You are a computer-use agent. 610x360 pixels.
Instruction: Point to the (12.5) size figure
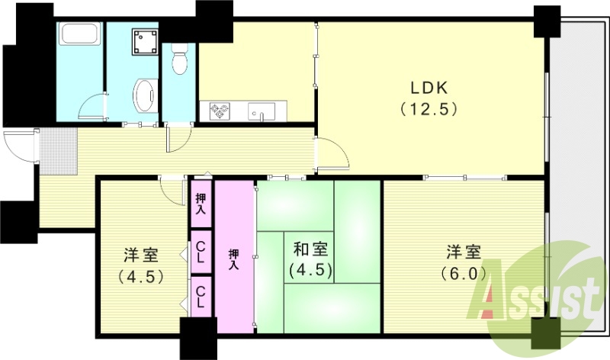pyautogui.click(x=429, y=108)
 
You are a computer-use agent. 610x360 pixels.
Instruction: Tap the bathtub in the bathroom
pyautogui.click(x=80, y=35)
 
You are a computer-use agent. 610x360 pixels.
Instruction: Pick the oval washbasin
pyautogui.click(x=143, y=95)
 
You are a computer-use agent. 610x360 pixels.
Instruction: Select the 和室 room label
pyautogui.click(x=311, y=249)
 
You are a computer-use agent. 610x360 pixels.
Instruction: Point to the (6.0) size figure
pyautogui.click(x=463, y=272)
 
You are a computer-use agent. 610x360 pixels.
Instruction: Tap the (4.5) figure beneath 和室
pyautogui.click(x=311, y=269)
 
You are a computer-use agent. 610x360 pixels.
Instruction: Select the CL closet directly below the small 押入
pyautogui.click(x=201, y=252)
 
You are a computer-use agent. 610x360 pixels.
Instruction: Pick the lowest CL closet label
pyautogui.click(x=201, y=295)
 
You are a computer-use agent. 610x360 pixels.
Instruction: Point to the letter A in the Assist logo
pyautogui.click(x=496, y=294)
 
